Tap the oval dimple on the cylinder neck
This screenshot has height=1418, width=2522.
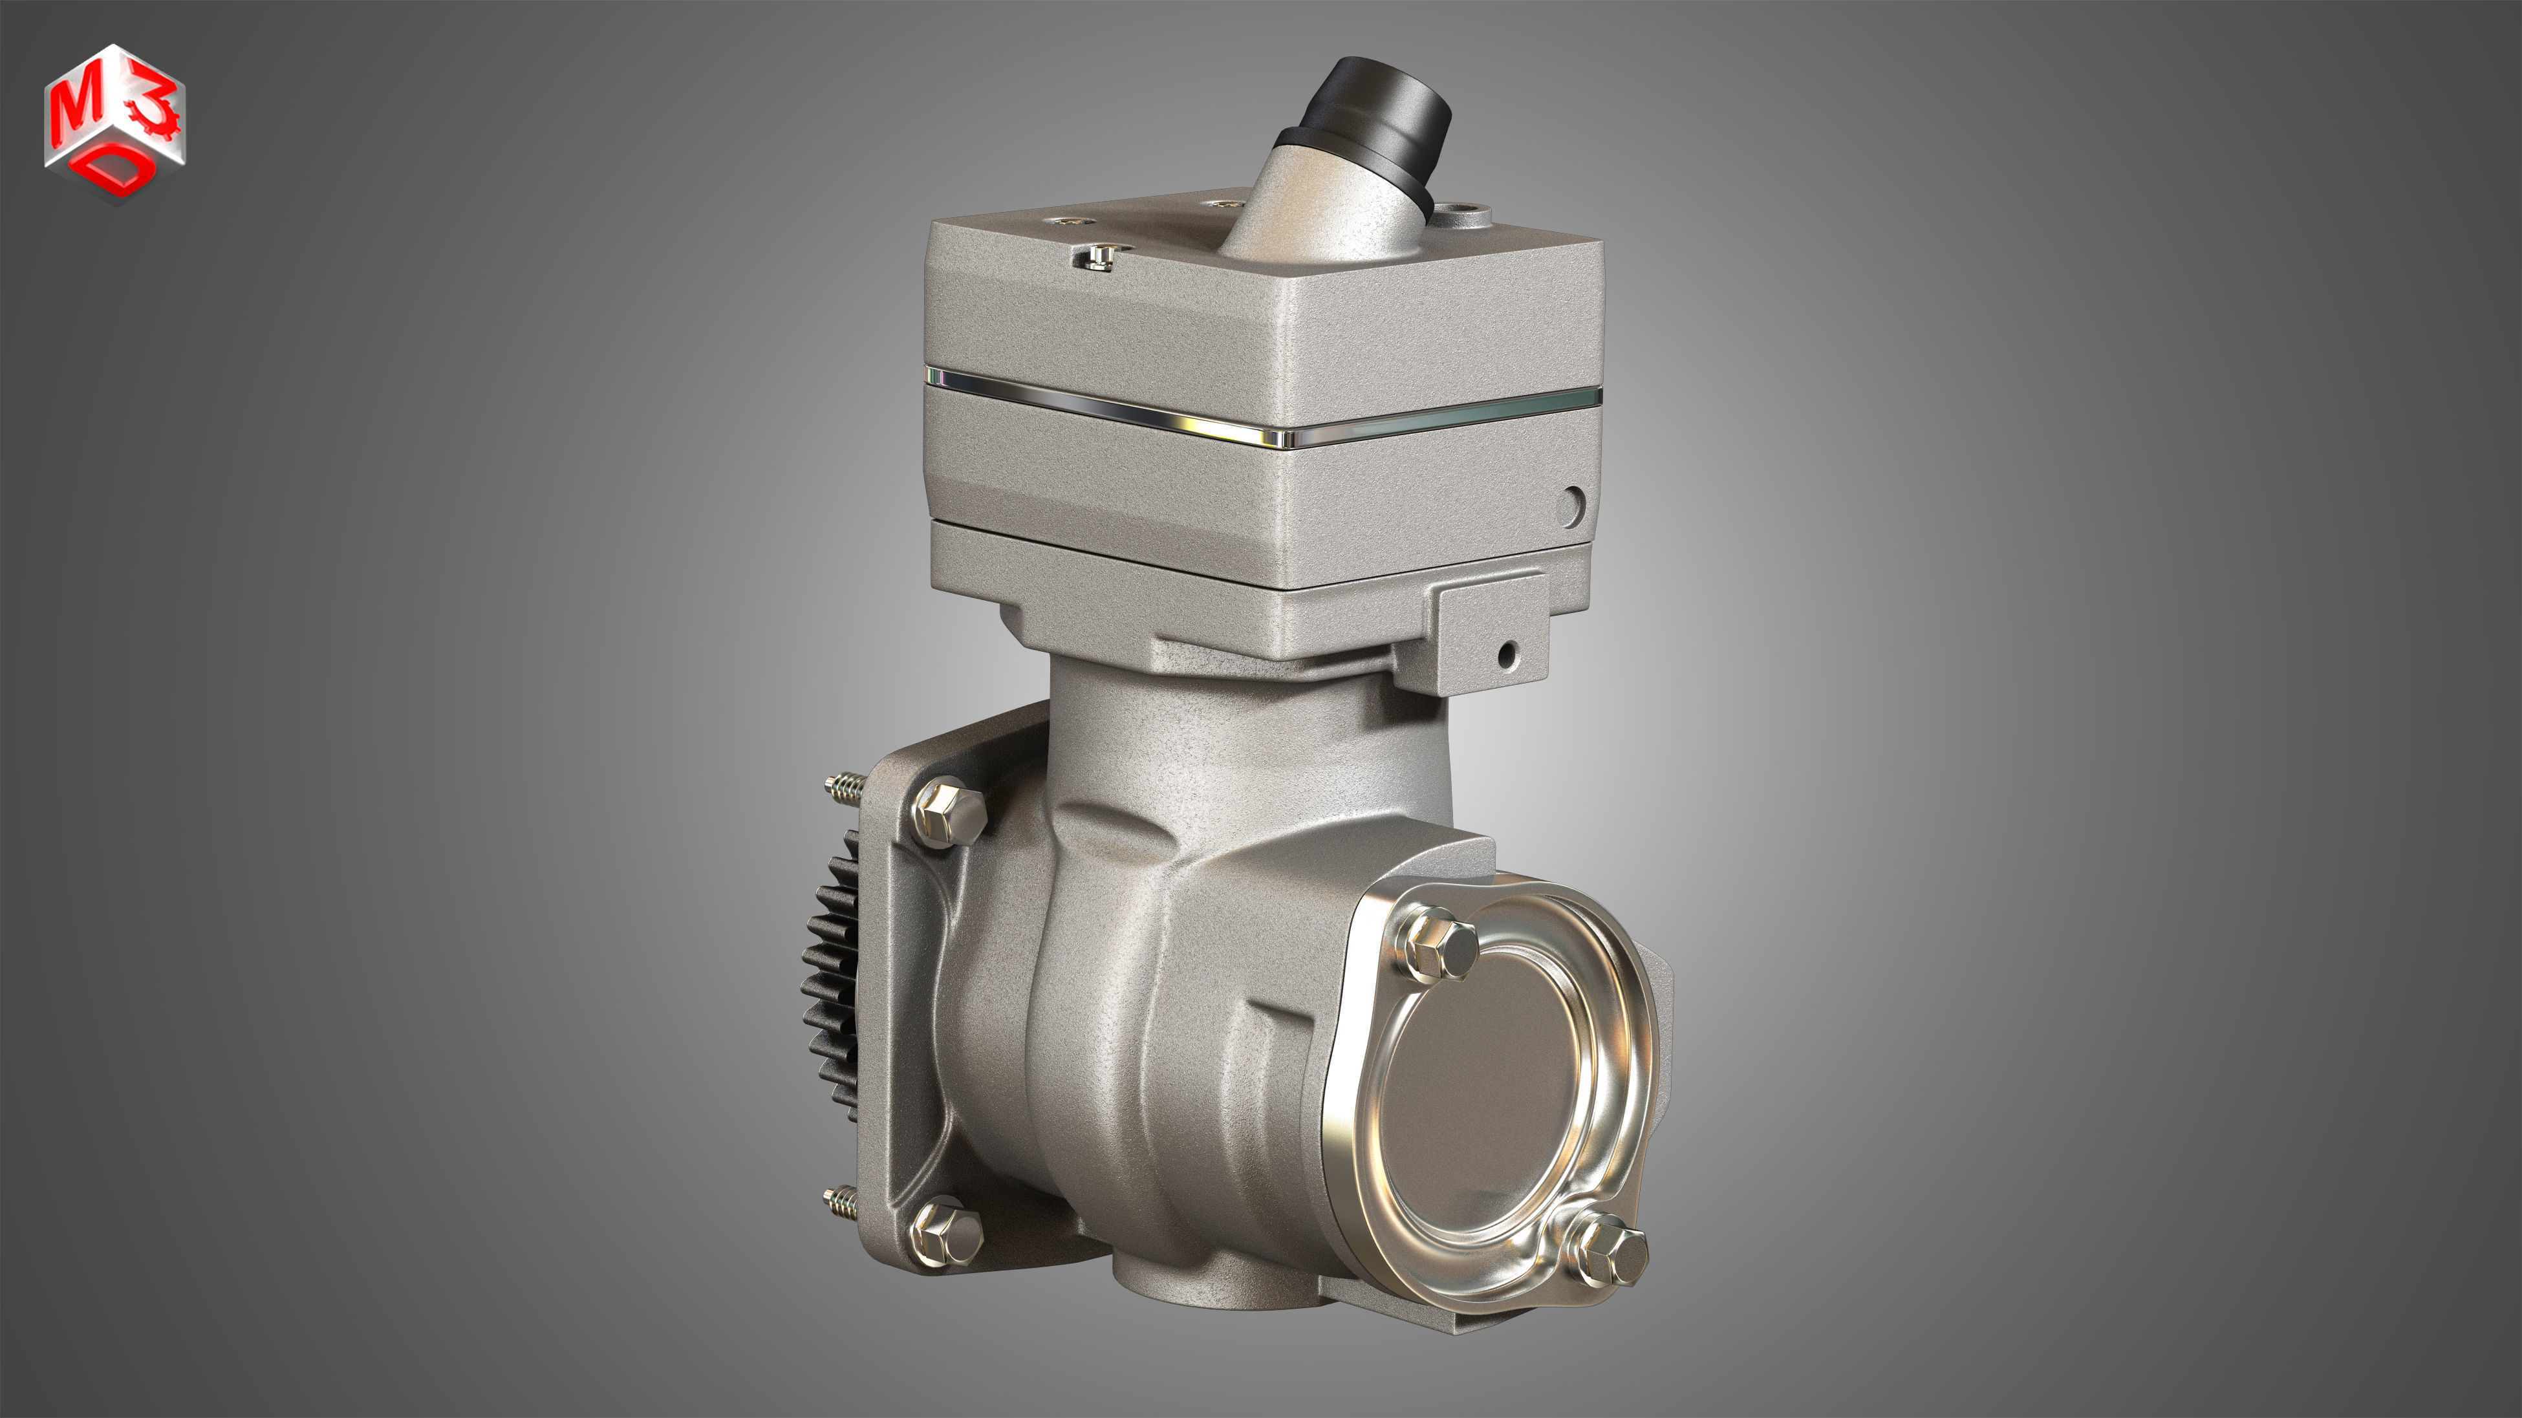(x=1116, y=820)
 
